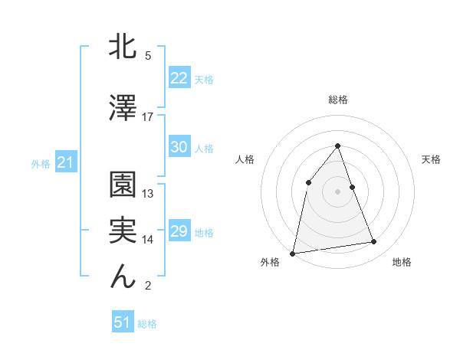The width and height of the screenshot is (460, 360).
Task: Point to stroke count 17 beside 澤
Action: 148,117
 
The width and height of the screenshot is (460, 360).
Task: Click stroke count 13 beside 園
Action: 148,194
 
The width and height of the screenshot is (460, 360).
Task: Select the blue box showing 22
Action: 179,78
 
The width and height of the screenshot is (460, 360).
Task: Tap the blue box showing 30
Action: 179,147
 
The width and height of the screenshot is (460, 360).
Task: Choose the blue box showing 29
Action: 179,231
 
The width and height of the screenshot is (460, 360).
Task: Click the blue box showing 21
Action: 65,162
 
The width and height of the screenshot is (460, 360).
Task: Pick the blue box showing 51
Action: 123,322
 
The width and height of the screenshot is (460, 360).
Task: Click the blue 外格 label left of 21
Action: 41,163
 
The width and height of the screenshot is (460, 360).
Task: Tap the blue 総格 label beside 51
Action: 147,324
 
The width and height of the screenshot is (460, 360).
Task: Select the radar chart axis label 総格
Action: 337,100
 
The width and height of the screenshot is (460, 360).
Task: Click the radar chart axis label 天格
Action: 431,159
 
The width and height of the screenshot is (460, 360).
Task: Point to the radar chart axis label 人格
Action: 245,159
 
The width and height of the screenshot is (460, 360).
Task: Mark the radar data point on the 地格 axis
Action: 374,242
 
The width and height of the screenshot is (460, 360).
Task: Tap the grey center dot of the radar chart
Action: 337,191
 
